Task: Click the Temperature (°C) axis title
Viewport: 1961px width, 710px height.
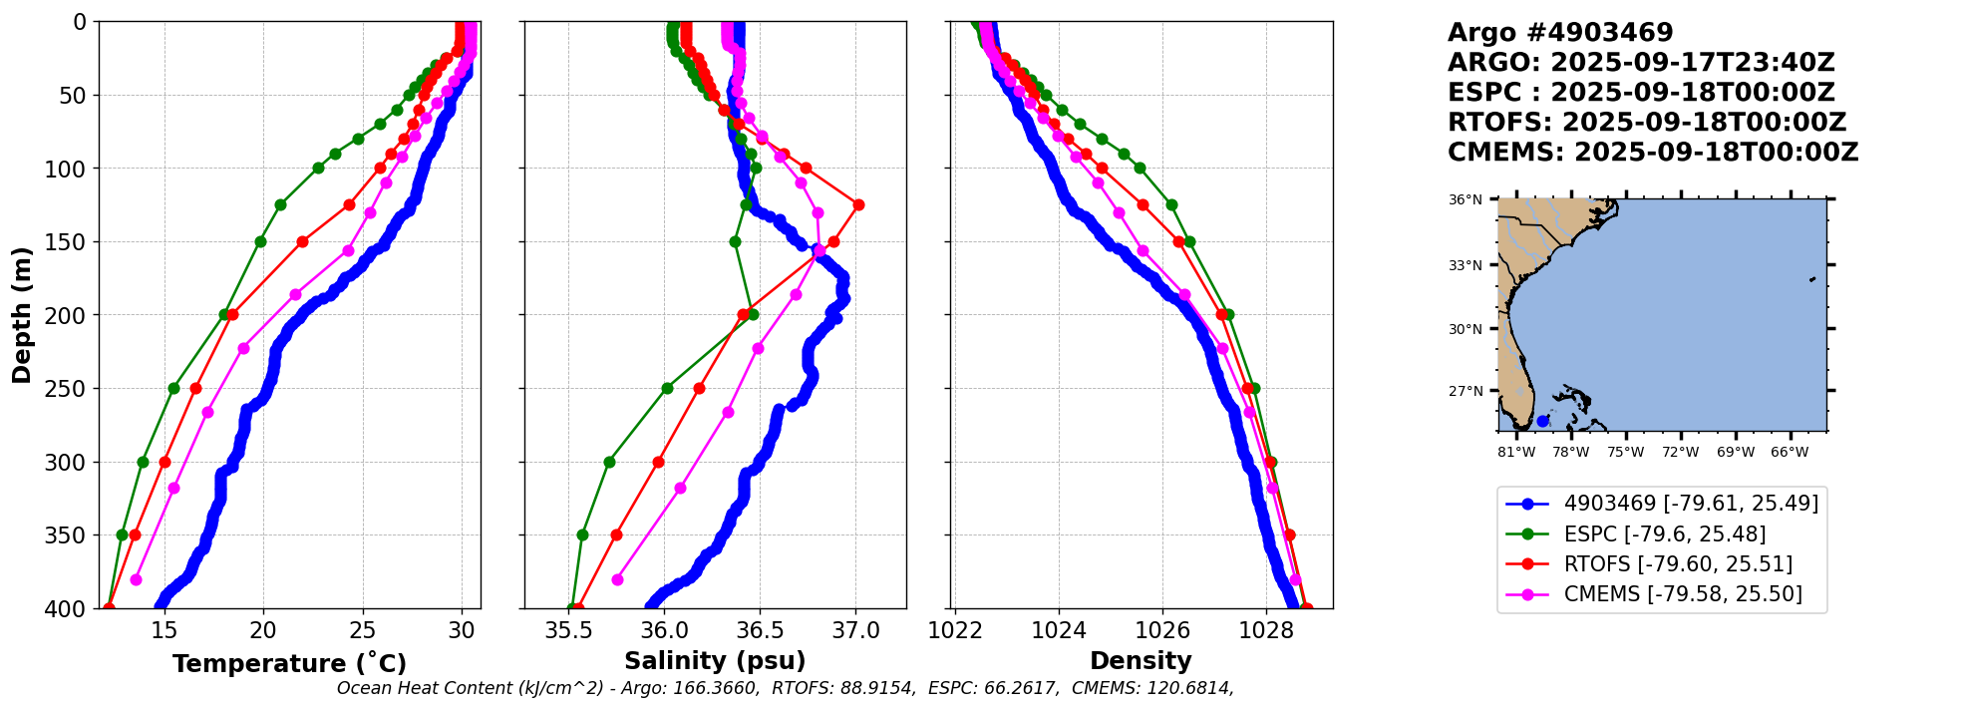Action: pos(289,664)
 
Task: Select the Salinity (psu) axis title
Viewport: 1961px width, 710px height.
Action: pos(715,661)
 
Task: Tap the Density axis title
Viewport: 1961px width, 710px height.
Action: pos(1141,661)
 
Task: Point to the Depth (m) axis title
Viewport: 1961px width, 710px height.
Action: pos(22,315)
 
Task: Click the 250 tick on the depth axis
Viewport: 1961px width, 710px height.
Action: pos(71,389)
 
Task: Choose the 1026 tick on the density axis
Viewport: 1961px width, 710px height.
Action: pos(1162,630)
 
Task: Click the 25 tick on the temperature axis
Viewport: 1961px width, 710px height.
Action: pos(363,630)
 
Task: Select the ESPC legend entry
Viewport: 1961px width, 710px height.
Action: pos(1664,534)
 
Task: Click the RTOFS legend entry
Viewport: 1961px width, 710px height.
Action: pos(1677,564)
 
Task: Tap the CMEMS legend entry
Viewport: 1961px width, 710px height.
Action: pos(1682,594)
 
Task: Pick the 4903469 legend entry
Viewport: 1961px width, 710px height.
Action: pos(1690,504)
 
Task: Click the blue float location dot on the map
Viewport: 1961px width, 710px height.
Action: pos(1542,421)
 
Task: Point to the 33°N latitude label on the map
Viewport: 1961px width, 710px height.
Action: pos(1465,265)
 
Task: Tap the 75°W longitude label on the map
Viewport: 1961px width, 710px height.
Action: pos(1625,452)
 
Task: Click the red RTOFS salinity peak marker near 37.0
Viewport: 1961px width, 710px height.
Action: pos(858,204)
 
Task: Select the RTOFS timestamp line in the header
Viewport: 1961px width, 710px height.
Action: pos(1647,123)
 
